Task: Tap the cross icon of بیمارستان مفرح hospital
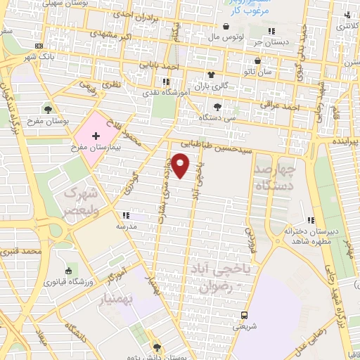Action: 96,134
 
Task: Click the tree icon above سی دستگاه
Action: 217,107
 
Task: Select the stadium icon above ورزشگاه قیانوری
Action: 69,271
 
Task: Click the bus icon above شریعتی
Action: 244,315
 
